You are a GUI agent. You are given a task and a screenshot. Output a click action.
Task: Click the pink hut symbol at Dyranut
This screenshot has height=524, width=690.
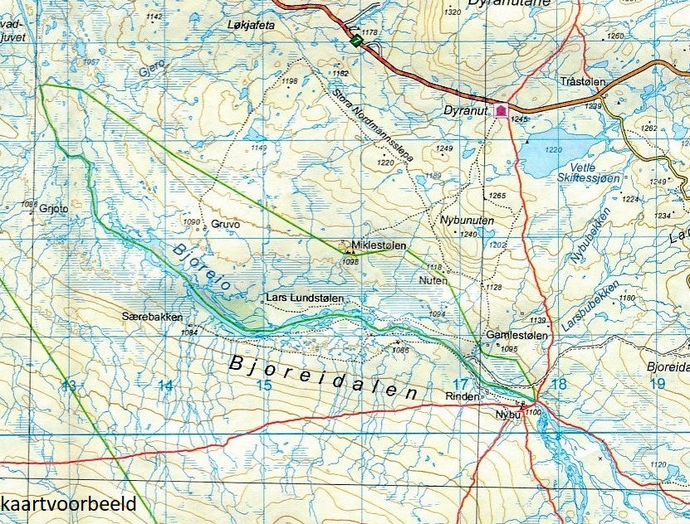coord(501,109)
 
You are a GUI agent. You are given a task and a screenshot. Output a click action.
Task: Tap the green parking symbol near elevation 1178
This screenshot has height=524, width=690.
coord(355,41)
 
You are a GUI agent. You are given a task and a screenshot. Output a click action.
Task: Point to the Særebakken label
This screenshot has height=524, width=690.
coord(151,317)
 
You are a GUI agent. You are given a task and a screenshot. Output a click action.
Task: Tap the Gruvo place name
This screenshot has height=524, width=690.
coord(225,224)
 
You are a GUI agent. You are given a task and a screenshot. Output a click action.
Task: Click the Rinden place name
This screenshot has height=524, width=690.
coord(462,397)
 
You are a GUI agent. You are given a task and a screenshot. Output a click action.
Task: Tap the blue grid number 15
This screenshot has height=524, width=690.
coord(264,385)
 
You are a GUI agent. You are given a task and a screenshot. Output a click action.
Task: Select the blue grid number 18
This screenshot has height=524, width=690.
coord(558,384)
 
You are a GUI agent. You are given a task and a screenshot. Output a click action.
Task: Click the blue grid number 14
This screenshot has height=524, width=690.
coord(166,385)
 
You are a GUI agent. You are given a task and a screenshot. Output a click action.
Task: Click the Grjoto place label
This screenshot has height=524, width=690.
coord(53,210)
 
